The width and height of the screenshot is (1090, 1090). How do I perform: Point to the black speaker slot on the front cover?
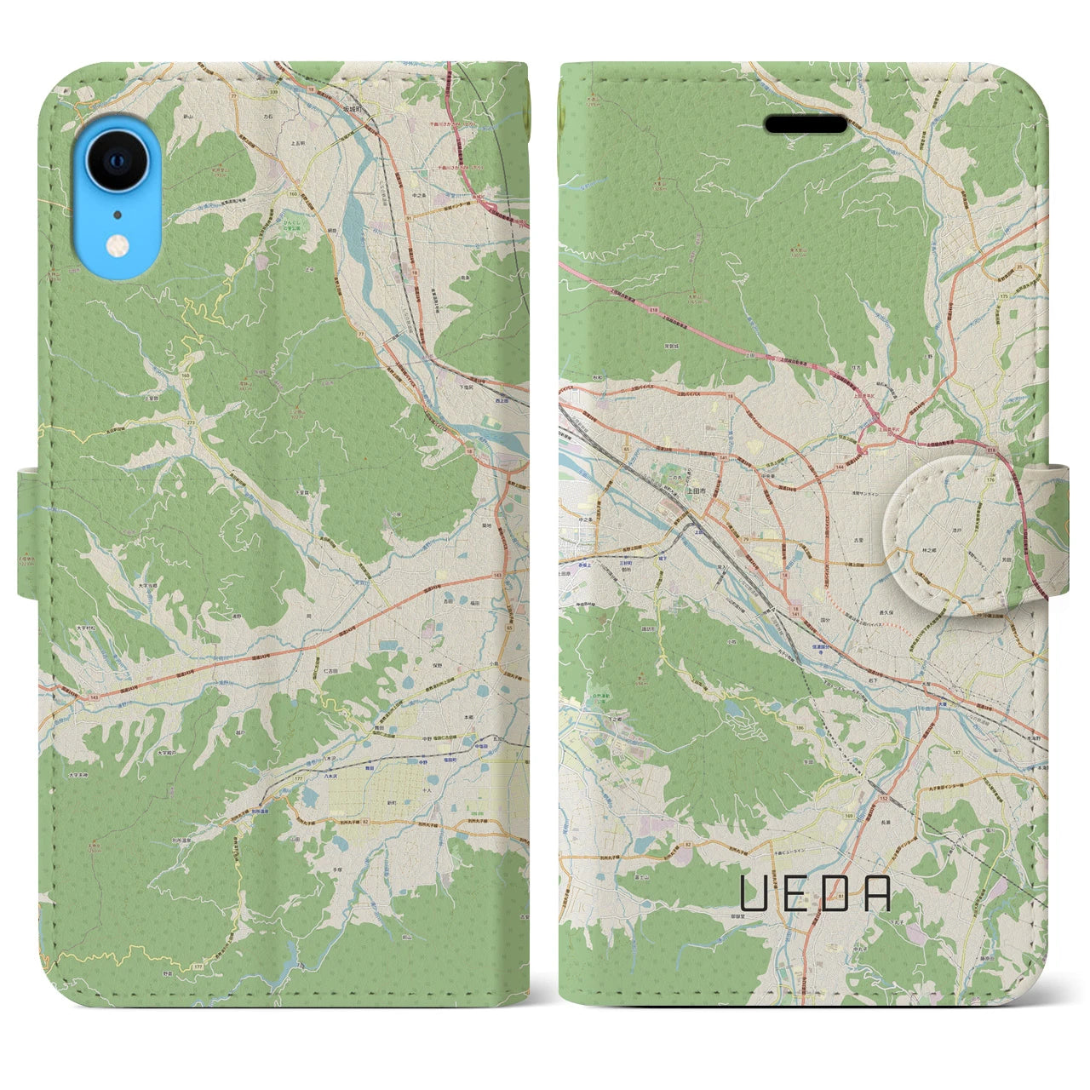805,125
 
